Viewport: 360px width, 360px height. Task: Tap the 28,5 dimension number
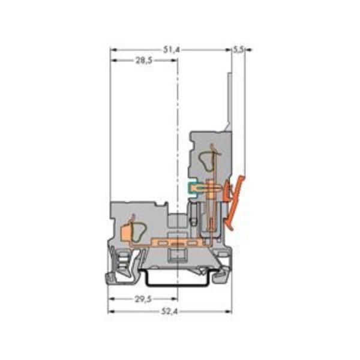coord(143,61)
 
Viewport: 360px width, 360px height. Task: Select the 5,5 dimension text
coord(239,50)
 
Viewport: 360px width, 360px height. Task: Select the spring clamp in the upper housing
coord(206,159)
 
